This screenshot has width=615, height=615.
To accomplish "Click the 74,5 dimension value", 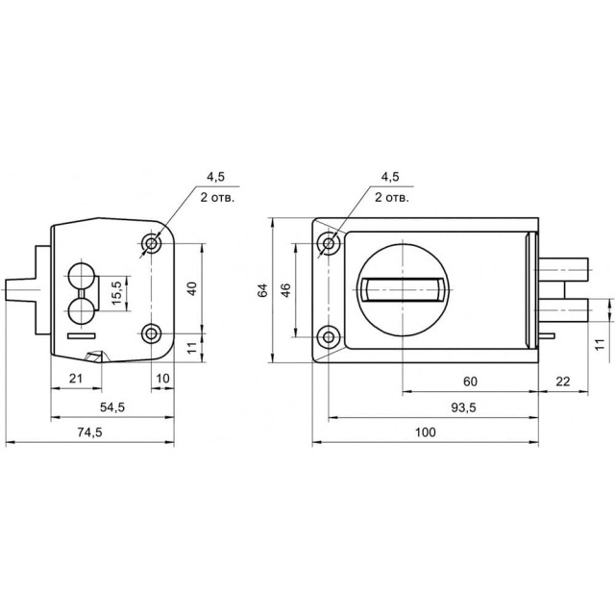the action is (89, 432).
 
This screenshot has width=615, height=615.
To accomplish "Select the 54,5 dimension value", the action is (112, 407).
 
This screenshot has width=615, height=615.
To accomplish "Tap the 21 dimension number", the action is (76, 379).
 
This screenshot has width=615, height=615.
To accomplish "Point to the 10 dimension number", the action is (162, 379).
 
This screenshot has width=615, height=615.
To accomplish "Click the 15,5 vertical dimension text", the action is (116, 293).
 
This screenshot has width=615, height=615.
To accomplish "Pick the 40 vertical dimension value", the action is (192, 288).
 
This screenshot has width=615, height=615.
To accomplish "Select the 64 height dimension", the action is (262, 290).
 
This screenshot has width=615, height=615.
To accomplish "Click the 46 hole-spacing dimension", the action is (286, 290).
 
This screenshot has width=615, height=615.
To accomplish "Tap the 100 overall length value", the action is (425, 432).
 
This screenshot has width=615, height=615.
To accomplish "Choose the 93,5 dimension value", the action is (463, 407).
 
